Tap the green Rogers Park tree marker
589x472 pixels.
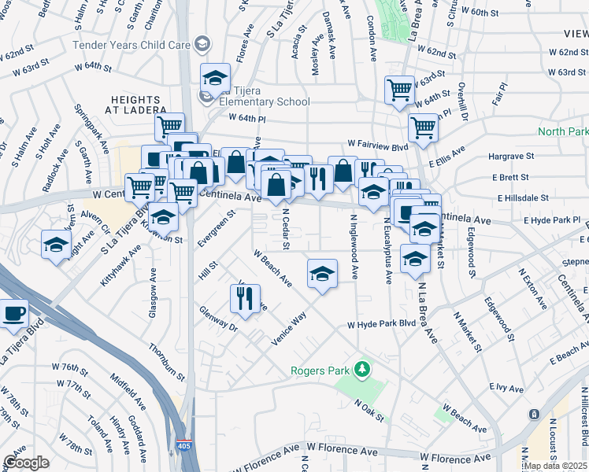pos(361,368)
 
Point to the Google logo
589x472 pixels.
pos(26,463)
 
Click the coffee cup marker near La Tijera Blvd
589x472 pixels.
pos(13,315)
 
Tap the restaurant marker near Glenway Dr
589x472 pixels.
pos(245,298)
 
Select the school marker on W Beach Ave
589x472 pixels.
pos(321,275)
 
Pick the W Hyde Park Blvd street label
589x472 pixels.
pos(381,324)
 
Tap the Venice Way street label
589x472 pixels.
pos(289,326)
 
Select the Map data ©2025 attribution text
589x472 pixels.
pos(555,466)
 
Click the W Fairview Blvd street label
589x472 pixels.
pos(378,146)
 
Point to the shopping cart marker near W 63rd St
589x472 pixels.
pos(400,89)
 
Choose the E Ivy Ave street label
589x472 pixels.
pos(506,387)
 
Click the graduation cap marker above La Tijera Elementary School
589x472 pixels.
pos(214,78)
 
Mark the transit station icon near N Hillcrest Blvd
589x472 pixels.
pos(535,414)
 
